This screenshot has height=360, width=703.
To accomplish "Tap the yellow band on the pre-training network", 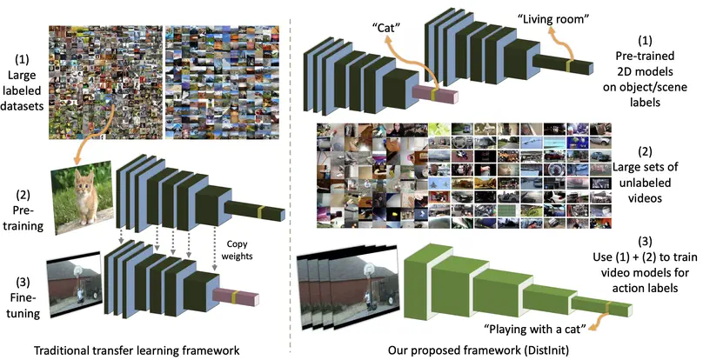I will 259,212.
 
